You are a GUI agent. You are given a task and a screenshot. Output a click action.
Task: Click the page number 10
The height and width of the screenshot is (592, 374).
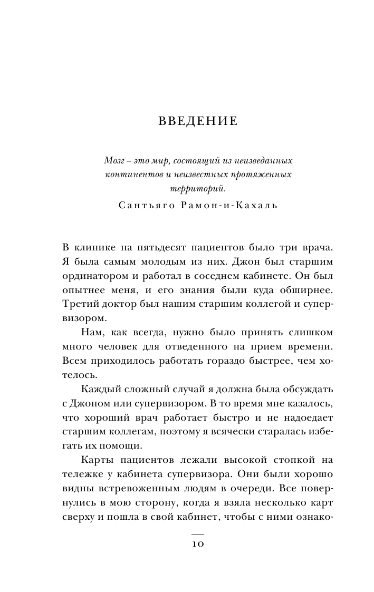coord(197,545)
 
